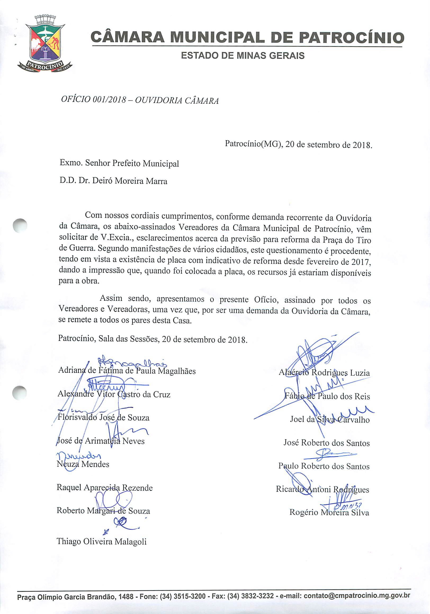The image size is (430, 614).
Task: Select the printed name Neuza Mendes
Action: point(83,464)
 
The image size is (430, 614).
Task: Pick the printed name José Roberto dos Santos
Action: point(326,443)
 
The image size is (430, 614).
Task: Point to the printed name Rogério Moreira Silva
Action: point(329,512)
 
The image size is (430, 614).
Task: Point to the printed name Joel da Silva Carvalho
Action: point(330,420)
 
